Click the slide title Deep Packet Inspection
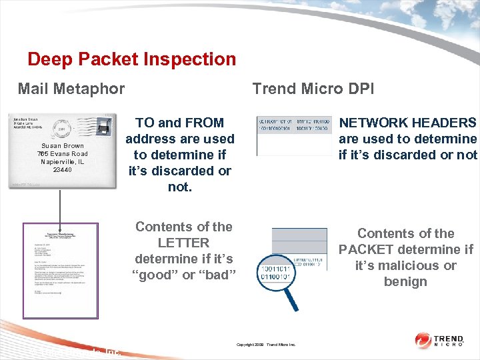(131, 59)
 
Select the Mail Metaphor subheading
(71, 89)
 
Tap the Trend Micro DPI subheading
(313, 89)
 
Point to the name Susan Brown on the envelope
(63, 146)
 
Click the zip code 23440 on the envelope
(63, 170)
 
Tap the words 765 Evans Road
(63, 154)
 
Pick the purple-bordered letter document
(61, 270)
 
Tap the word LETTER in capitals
(184, 243)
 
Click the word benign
(405, 281)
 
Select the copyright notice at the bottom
(266, 345)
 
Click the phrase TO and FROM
(180, 123)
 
